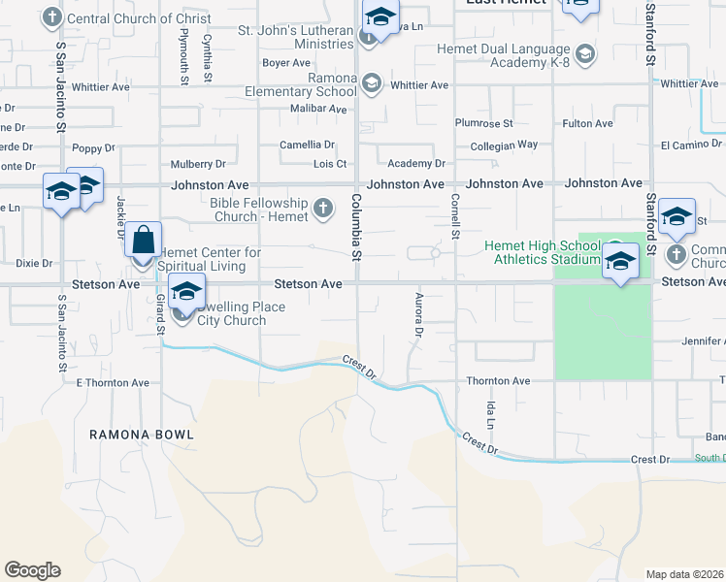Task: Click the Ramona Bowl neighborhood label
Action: point(142,435)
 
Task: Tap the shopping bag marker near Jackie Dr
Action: point(143,240)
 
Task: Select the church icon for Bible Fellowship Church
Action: point(322,208)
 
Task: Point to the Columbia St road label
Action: point(356,227)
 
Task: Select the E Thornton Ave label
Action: point(113,383)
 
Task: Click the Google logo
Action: point(32,570)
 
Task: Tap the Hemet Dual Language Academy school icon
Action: point(584,53)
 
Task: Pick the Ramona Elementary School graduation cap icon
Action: point(371,84)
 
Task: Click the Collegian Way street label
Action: point(497,145)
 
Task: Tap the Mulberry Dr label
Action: point(198,165)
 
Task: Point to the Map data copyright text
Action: point(685,574)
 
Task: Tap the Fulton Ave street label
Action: point(587,124)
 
